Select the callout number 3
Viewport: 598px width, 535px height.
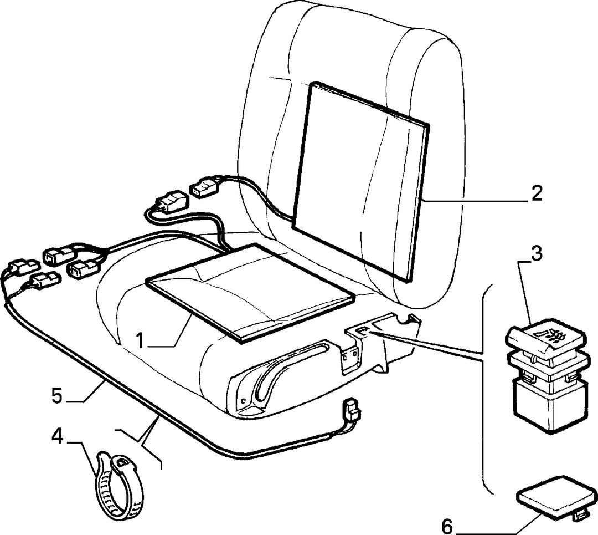[x=536, y=254]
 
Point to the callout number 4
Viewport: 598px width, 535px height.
[x=57, y=436]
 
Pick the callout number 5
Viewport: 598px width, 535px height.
[x=57, y=396]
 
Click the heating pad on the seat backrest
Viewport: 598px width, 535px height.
[x=360, y=181]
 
